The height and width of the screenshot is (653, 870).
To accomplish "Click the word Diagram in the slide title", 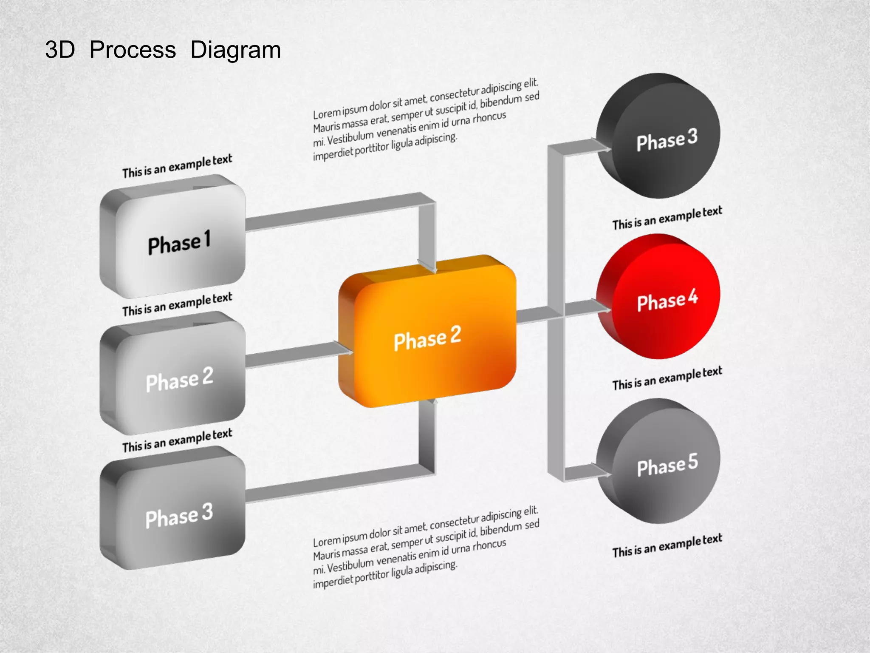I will [x=235, y=50].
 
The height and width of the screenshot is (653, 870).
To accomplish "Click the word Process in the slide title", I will [x=133, y=50].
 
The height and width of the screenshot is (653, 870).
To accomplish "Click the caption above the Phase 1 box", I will [x=177, y=166].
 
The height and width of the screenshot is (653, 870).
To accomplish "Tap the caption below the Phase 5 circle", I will [x=667, y=545].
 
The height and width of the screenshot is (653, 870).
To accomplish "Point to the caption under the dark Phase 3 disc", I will [x=667, y=218].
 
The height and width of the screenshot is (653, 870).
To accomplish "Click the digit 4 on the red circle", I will [x=693, y=296].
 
